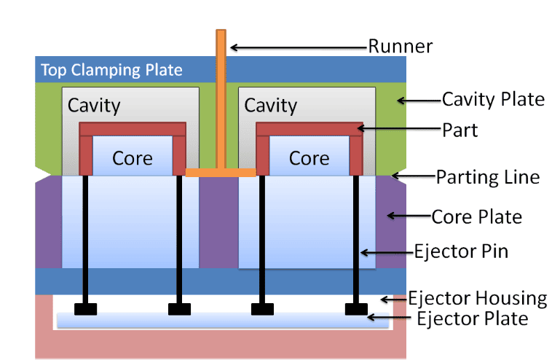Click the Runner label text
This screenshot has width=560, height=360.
click(x=400, y=47)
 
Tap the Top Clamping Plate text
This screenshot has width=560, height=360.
click(x=111, y=71)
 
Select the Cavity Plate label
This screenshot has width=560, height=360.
click(x=493, y=99)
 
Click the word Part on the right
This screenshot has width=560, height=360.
click(x=460, y=130)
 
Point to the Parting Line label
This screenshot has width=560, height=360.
click(x=487, y=176)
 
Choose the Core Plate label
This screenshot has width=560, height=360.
click(x=476, y=216)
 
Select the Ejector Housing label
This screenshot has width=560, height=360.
click(x=477, y=298)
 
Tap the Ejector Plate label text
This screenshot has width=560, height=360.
click(x=471, y=318)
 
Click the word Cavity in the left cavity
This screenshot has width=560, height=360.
click(x=94, y=106)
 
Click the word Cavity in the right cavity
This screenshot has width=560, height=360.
click(x=270, y=106)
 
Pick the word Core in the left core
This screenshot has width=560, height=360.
click(x=133, y=158)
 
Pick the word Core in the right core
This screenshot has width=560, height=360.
click(x=309, y=158)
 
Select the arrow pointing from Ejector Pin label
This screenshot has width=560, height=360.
click(x=386, y=253)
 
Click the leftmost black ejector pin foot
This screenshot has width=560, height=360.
click(x=86, y=308)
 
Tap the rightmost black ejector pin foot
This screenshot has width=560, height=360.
click(x=357, y=308)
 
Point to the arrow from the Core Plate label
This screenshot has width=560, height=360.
click(x=408, y=216)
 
